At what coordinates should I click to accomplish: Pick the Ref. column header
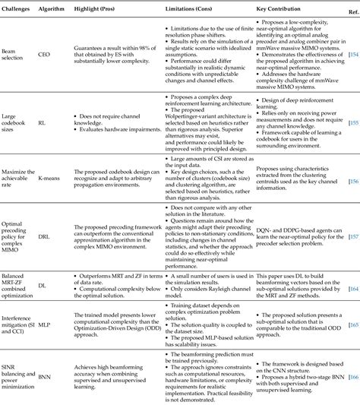352,13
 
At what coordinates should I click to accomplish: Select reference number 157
354,236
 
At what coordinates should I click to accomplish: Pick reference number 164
354,288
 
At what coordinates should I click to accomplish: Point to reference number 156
354,182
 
